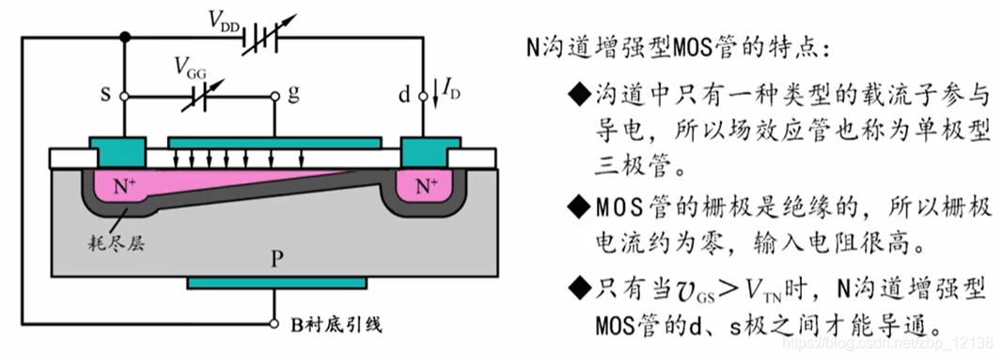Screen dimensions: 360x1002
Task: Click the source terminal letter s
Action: coord(105,95)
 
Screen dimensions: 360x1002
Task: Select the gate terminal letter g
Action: coord(294,95)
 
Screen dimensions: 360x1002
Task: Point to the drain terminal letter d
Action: coord(404,95)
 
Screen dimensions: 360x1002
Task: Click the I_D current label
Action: coord(450,91)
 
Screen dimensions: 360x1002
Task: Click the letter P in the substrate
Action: coord(274,257)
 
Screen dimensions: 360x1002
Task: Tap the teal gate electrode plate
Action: coord(274,141)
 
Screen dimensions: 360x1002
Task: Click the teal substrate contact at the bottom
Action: coord(274,282)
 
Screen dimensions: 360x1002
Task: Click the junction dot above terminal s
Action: coord(125,39)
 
